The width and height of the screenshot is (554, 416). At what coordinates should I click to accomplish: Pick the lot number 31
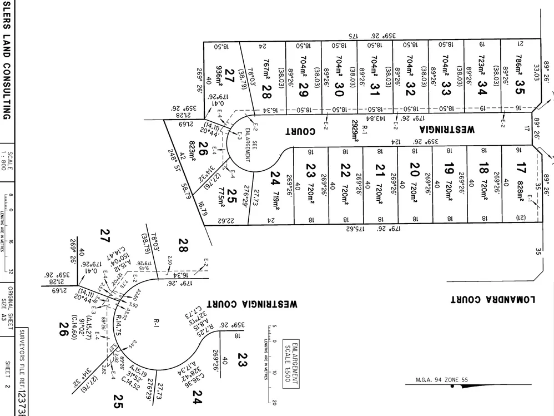click(x=375, y=88)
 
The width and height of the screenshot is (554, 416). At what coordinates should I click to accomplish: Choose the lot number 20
click(x=412, y=167)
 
